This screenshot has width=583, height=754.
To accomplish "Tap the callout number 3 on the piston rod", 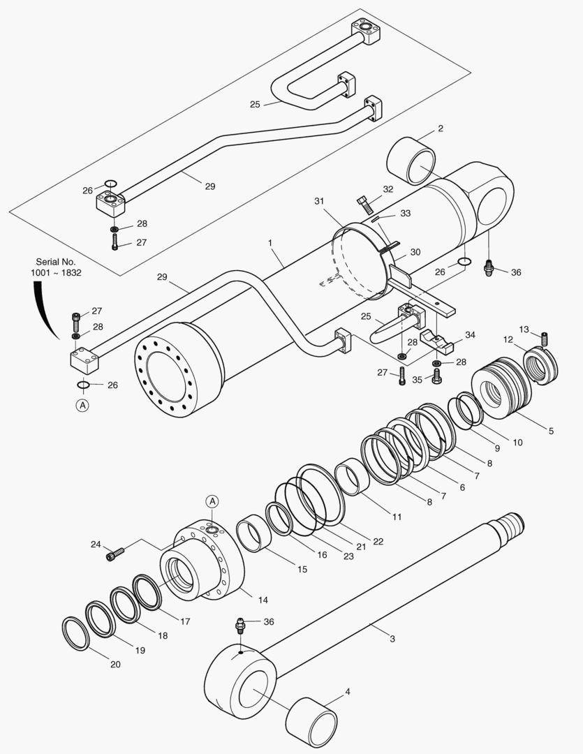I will tap(392, 638).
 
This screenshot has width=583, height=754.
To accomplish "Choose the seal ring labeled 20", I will tap(75, 633).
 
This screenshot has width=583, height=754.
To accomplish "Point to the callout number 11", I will tap(397, 517).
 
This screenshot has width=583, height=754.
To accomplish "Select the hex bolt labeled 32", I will tap(364, 205).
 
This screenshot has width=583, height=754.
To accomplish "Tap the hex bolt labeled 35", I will tap(436, 376).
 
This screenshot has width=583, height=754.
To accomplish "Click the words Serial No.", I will tap(55, 261).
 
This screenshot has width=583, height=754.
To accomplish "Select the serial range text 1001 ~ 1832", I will tap(56, 272).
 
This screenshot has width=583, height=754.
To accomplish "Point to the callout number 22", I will tap(378, 540).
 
